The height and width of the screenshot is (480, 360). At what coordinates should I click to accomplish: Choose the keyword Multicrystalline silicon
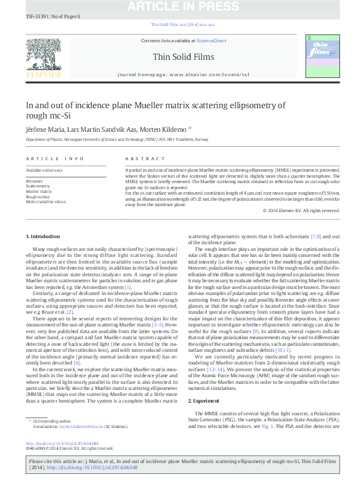[x=46, y=202]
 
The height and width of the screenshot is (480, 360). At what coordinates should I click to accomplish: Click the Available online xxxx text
[x=44, y=171]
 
